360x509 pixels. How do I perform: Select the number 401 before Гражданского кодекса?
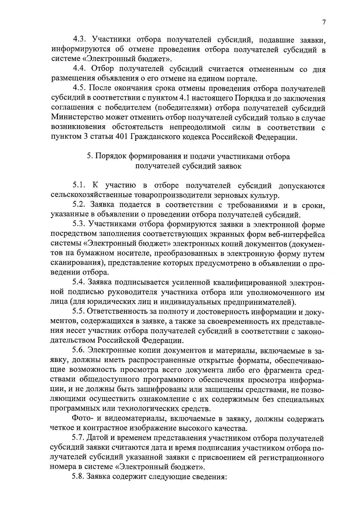[x=121, y=137]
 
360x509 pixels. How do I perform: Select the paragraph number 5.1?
[x=79, y=186]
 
